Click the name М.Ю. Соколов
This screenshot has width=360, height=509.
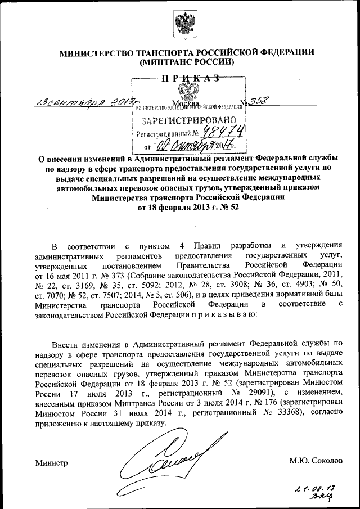(x=316, y=461)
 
